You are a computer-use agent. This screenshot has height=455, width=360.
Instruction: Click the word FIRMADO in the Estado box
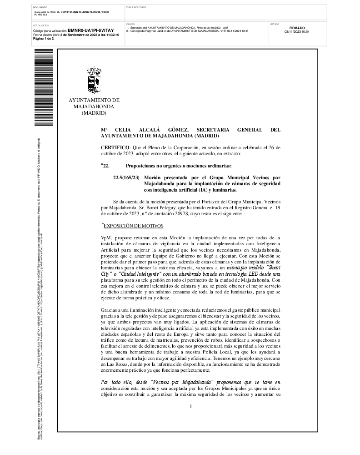click(297, 28)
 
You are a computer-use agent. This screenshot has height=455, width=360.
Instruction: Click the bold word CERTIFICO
click(115, 147)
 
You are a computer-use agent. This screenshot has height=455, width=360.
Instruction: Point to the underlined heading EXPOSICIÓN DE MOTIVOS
click(132, 226)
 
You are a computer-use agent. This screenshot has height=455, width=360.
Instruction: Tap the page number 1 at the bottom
click(191, 406)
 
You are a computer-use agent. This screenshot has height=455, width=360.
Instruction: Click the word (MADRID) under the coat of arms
click(94, 113)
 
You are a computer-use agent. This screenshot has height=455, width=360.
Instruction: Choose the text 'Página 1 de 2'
click(43, 39)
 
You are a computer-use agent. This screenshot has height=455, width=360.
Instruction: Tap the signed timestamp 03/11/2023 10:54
click(297, 32)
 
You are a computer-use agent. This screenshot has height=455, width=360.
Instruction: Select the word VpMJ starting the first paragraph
click(107, 238)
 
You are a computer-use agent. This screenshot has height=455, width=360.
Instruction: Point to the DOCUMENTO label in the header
click(40, 8)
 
